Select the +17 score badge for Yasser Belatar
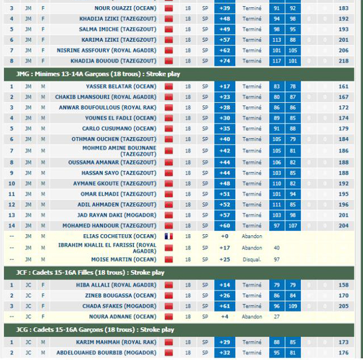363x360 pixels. (225, 86)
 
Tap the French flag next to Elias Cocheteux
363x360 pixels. (168, 236)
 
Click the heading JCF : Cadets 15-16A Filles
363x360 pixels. (91, 273)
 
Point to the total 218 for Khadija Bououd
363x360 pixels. (343, 61)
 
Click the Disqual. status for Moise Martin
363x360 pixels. (252, 259)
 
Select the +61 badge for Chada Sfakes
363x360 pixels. (225, 306)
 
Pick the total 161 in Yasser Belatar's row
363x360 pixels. (343, 86)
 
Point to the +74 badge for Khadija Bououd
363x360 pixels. (225, 61)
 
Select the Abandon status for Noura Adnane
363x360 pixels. (252, 317)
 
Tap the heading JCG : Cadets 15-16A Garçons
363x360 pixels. (95, 329)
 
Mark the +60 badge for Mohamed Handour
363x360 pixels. (225, 225)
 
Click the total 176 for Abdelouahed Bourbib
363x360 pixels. (343, 353)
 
